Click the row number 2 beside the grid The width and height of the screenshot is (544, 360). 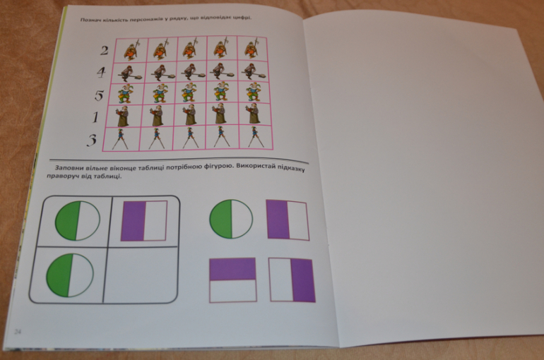[x=105, y=51]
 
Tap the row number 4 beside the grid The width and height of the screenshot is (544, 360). [x=101, y=73]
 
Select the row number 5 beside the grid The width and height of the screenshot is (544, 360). [x=99, y=95]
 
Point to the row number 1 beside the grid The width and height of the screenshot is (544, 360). [x=95, y=117]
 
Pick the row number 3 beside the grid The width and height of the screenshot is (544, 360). [x=92, y=140]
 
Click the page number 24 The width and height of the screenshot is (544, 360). [x=18, y=332]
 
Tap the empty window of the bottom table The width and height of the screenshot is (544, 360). [x=141, y=274]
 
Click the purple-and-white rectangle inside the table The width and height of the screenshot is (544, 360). [x=144, y=221]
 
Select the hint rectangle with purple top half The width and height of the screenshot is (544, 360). [x=233, y=280]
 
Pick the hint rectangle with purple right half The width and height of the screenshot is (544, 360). [x=292, y=280]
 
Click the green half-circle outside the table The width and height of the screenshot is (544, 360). [x=231, y=219]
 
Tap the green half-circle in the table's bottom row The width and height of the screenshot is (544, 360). [x=70, y=275]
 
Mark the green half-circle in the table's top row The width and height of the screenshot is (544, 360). [x=78, y=220]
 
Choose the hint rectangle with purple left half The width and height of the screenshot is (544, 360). [x=288, y=220]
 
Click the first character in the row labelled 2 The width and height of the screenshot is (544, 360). [x=131, y=50]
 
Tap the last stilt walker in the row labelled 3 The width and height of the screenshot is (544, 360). [x=255, y=137]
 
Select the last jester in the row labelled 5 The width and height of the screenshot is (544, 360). [x=253, y=92]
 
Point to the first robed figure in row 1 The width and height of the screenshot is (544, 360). [x=123, y=116]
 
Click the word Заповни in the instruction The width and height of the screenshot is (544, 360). [x=69, y=168]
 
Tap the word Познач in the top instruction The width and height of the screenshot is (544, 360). [x=89, y=20]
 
